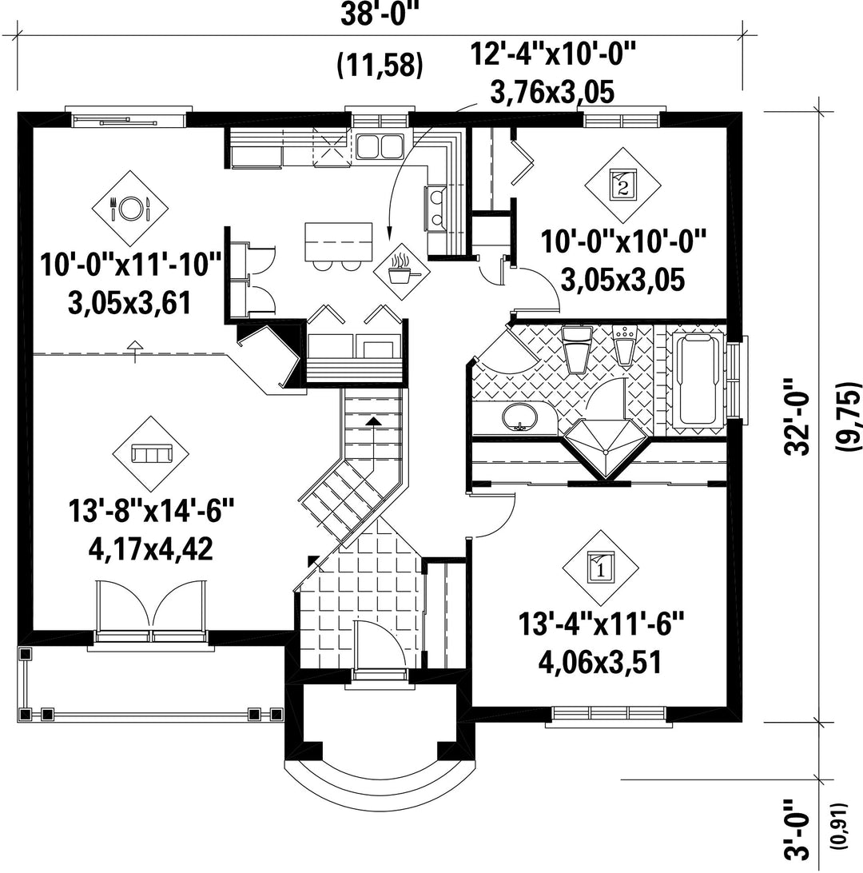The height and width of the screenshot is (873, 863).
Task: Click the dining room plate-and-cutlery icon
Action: coord(130,208)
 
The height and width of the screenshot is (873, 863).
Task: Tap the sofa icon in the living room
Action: coord(150,454)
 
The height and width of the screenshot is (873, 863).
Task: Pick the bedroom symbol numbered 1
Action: coord(601,568)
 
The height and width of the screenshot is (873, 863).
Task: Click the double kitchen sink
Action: coord(380,146)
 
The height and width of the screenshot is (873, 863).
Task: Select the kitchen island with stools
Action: coord(338,247)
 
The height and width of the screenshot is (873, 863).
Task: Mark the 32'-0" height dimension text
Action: coord(797,417)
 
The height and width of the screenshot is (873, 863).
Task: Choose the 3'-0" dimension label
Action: coord(797,833)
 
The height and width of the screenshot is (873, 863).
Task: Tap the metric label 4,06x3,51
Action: coord(600,663)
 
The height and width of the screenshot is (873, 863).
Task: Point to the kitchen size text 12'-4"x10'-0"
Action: coord(553,54)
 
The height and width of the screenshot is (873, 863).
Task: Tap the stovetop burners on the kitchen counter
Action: coord(435,208)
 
